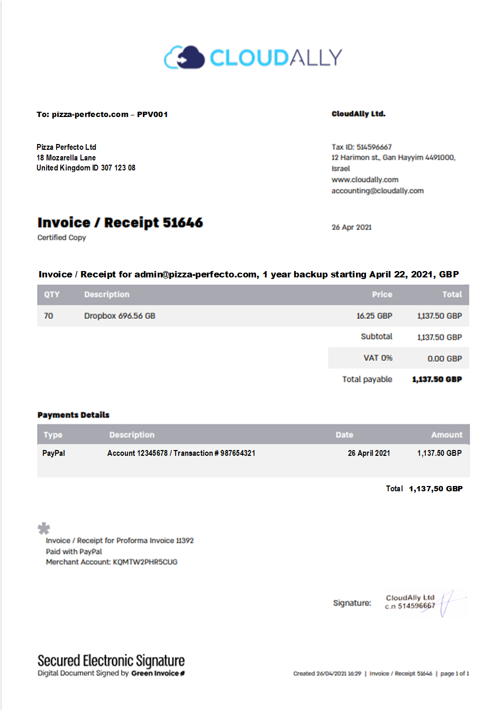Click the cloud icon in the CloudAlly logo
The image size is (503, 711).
184,57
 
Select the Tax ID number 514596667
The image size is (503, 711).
374,147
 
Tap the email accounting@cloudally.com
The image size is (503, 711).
377,191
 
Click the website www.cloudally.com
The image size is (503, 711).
364,179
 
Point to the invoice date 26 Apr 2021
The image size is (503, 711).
351,227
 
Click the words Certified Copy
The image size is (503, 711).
61,238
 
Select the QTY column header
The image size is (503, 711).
52,294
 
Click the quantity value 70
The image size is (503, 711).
49,316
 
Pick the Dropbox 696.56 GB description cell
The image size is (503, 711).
120,316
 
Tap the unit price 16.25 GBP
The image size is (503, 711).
374,316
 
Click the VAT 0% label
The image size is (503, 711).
378,358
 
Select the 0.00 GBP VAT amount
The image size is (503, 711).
444,358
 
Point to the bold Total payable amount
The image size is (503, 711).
436,379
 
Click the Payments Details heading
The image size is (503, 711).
74,415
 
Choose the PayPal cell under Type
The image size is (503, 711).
53,453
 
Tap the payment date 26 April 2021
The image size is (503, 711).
369,453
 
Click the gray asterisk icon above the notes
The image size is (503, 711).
44,528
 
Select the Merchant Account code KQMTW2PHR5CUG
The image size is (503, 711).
145,562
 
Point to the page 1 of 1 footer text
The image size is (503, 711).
454,673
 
